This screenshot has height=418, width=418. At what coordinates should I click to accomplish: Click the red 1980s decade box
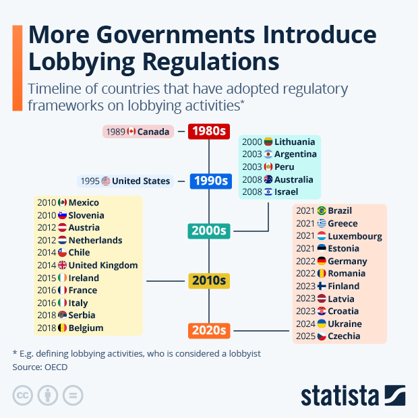(208, 131)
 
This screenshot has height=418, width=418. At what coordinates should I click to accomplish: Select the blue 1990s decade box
(208, 181)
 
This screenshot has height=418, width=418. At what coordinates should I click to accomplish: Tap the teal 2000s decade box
(208, 231)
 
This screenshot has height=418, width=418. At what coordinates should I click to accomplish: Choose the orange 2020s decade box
(208, 330)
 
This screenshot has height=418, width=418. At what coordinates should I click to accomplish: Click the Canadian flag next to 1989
(131, 131)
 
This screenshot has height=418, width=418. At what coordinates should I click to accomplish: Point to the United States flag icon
(106, 181)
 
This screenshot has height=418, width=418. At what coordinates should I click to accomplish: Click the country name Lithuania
(295, 142)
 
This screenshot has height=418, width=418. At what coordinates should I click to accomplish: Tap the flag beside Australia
(268, 180)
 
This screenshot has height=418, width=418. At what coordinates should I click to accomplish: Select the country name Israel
(287, 192)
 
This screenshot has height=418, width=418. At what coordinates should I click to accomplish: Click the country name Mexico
(84, 203)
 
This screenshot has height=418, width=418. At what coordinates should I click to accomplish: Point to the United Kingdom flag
(63, 266)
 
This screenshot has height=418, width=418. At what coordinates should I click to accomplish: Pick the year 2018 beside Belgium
(47, 328)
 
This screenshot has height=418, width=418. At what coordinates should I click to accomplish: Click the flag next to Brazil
(322, 211)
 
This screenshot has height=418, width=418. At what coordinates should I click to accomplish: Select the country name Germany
(347, 261)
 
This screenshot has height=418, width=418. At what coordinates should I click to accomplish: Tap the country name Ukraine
(345, 324)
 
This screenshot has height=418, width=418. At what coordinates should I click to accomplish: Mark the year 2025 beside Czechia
(305, 336)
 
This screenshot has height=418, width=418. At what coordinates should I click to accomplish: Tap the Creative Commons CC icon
(23, 395)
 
